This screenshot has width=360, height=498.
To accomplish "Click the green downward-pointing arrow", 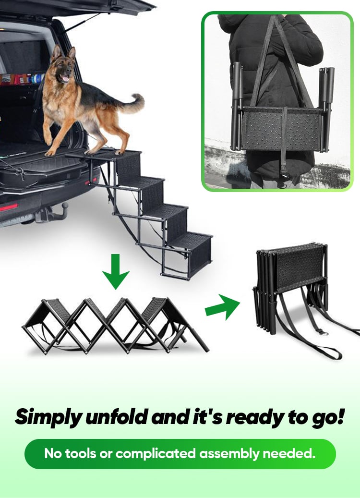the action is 116,271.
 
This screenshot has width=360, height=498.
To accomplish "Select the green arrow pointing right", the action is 223,307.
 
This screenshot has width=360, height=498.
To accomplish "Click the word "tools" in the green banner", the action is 81,453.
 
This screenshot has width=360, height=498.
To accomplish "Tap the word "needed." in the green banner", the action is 289,453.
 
